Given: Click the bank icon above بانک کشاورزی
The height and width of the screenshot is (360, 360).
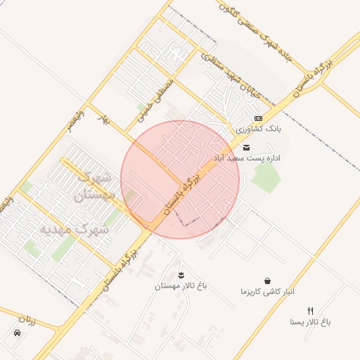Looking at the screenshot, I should (258, 118).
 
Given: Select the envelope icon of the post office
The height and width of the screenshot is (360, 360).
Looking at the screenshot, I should (247, 148).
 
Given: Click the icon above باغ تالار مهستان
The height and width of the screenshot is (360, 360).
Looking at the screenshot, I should (181, 274).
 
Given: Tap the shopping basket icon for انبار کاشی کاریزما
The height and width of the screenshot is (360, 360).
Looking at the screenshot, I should (267, 281).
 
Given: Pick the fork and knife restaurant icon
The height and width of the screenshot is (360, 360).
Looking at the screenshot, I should (310, 310).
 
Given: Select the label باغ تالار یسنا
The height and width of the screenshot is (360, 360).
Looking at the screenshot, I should (310, 322).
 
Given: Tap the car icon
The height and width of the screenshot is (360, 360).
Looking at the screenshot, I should (16, 333).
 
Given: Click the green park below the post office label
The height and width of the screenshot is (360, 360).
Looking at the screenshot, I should (265, 176).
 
